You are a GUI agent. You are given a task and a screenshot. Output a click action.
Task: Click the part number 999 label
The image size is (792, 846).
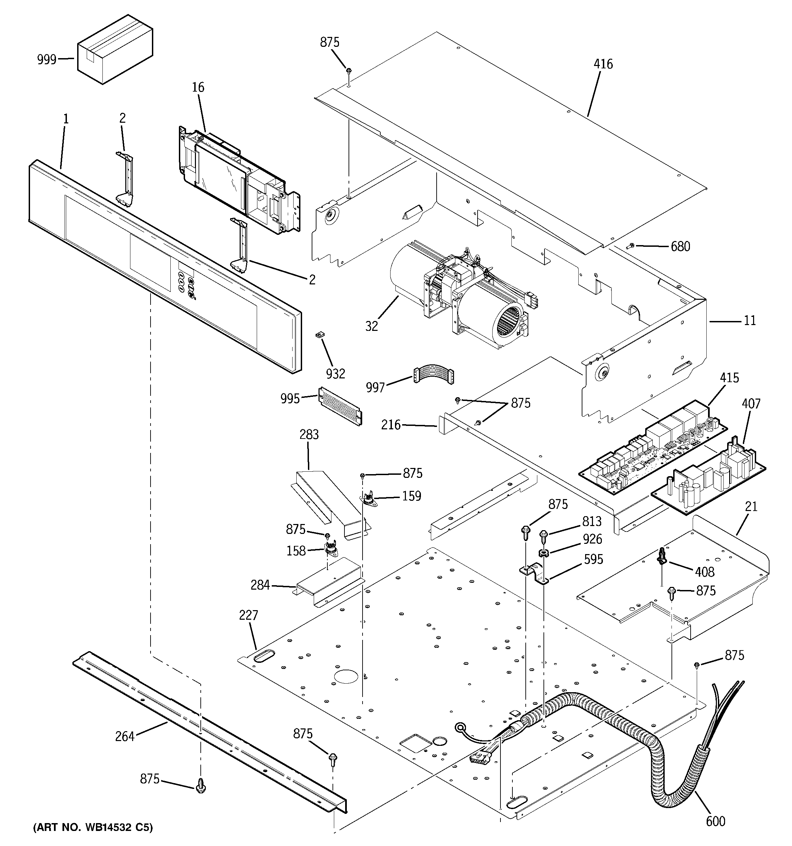(x=46, y=59)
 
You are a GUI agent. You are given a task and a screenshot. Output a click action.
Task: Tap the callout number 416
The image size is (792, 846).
(x=603, y=64)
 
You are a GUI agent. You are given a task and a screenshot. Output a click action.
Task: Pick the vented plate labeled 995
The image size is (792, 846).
(x=340, y=405)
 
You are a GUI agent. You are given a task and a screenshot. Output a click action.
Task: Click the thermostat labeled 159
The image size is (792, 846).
(x=369, y=499)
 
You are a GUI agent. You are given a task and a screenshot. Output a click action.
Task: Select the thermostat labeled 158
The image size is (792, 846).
(x=329, y=551)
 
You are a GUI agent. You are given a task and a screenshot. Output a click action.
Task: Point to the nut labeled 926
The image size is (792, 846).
(x=543, y=553)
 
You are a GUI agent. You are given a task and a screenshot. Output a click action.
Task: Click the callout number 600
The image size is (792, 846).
(x=715, y=821)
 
